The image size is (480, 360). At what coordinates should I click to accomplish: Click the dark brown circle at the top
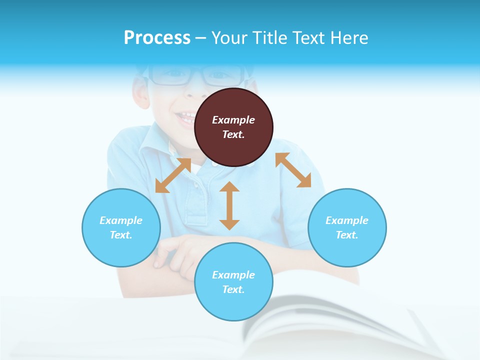pos(233,127)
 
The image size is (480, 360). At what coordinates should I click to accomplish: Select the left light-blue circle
pos(121,227)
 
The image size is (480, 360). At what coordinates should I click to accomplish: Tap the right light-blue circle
pos(347,227)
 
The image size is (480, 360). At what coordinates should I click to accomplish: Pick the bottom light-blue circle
pos(233,282)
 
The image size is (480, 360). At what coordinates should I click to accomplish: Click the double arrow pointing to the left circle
pos(173,175)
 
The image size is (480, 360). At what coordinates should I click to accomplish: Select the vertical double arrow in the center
pos(229,205)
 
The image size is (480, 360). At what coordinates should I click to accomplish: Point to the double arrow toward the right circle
pos(293,170)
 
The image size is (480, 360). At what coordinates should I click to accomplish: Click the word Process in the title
pos(157,37)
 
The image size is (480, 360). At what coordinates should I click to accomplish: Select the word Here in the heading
pos(349,37)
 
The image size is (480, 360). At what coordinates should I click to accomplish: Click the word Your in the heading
pos(229,37)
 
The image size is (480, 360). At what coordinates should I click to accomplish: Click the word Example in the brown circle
pos(233,120)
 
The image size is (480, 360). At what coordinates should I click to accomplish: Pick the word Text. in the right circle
pos(347,235)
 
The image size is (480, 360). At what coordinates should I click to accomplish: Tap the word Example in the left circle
pos(121,220)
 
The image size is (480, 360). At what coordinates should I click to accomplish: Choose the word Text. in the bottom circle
pos(233,289)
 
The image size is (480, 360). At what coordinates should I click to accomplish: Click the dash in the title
pos(201,37)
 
